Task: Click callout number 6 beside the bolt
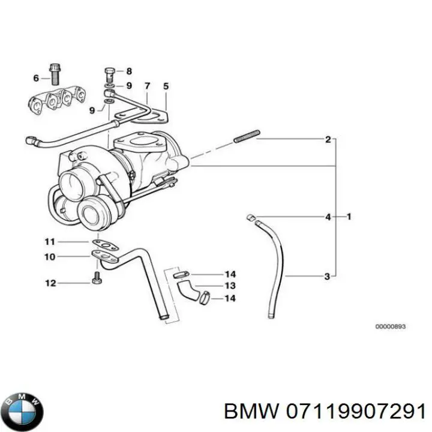click(x=36, y=79)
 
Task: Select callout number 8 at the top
click(x=128, y=71)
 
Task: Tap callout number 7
click(x=147, y=86)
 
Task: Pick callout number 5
click(x=166, y=86)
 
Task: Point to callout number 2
click(x=328, y=140)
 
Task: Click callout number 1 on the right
click(x=349, y=216)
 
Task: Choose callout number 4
click(x=328, y=217)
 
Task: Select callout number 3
click(x=327, y=277)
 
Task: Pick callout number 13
click(x=230, y=286)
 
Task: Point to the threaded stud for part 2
click(x=246, y=136)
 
